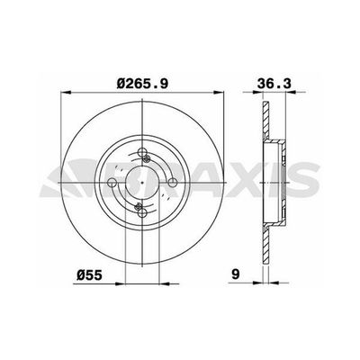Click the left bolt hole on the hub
click(112, 184)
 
